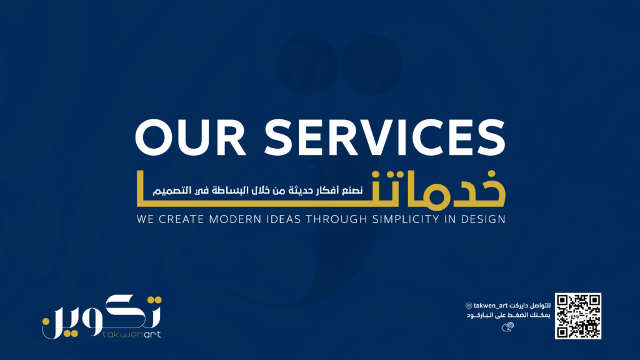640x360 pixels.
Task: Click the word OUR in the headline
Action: pos(191,137)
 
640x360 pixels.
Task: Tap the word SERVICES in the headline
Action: pos(385,137)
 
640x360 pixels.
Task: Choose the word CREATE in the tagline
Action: pos(181,219)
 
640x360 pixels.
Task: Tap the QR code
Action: pos(578,316)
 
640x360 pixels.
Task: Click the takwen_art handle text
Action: pos(490,306)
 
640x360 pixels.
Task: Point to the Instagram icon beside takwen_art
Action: pos(469,306)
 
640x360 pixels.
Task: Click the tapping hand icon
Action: pos(507,326)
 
